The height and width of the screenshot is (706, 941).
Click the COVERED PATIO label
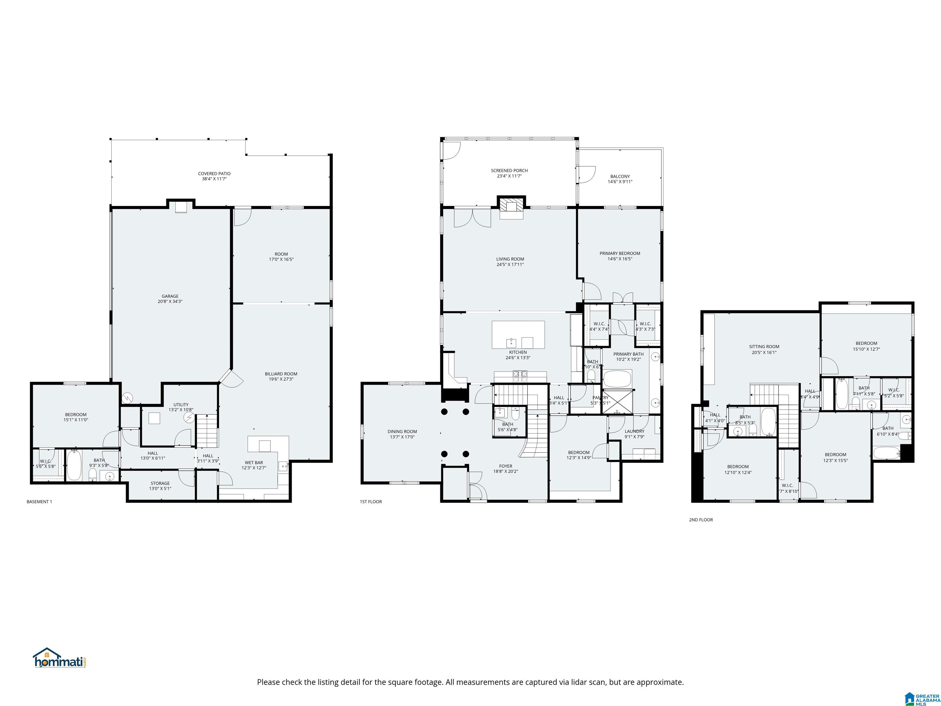pos(214,174)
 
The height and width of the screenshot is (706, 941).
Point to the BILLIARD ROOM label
pos(281,374)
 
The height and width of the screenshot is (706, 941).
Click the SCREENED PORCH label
pos(509,171)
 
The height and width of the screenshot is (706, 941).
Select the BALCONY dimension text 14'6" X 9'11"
pos(620,182)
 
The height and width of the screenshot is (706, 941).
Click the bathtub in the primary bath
pos(617,378)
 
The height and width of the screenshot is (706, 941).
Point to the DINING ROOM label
pos(402,431)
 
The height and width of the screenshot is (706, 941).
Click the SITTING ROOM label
pos(764,346)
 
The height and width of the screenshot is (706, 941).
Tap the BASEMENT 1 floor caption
pos(39,502)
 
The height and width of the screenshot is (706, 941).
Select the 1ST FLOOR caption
pos(371,502)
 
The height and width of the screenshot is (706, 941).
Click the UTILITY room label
pos(181,405)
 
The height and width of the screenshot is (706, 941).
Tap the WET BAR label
pos(254,463)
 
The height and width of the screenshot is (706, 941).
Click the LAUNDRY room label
pos(634,431)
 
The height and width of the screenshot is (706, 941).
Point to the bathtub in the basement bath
pos(74,465)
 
